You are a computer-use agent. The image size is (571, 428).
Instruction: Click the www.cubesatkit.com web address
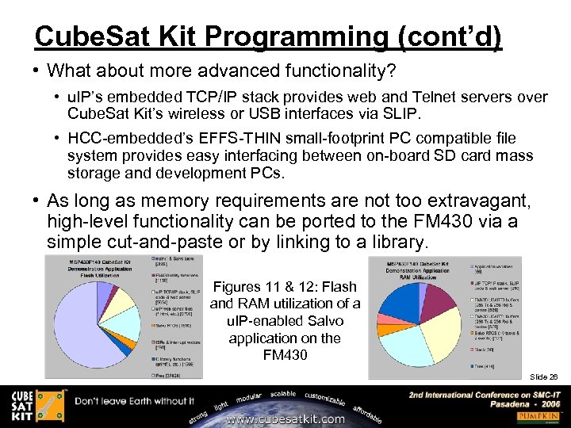coord(285,418)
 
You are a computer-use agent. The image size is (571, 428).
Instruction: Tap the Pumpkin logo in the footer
coord(536,416)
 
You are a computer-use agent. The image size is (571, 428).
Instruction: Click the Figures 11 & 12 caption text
coord(285,320)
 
